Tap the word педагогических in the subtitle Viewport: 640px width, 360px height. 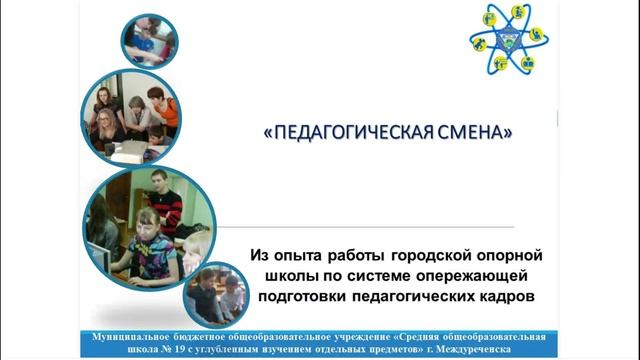[x=427, y=296]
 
